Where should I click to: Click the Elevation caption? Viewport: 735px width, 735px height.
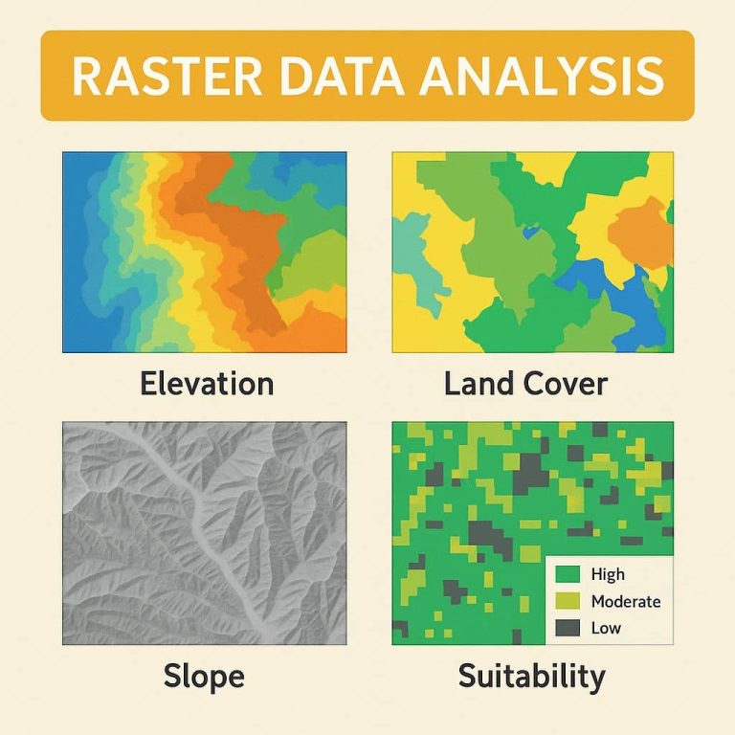206,384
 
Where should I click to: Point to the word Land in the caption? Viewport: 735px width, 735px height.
479,384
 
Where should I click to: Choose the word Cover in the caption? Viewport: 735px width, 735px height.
567,384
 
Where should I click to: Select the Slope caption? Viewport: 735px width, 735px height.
204,677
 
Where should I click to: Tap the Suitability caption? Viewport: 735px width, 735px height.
531,677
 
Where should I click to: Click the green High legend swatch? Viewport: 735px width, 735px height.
568,574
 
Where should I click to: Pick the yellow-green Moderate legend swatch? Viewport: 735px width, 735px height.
568,601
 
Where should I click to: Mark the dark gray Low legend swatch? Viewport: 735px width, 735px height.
568,628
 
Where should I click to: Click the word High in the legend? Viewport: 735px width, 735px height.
608,574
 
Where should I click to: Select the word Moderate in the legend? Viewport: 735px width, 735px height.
626,601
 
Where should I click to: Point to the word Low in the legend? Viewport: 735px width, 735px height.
606,628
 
